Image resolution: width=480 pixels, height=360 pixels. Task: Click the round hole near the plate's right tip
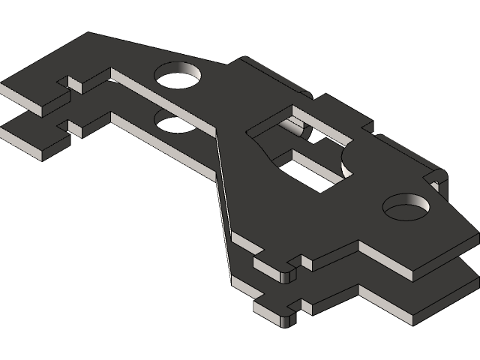pos(406,206)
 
